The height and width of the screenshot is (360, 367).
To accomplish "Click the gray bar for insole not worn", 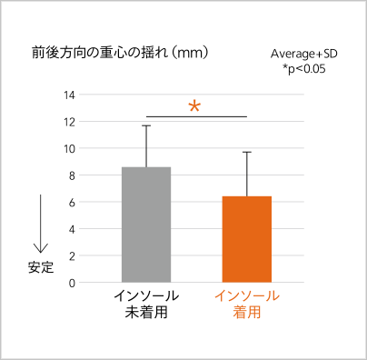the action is click(x=146, y=225).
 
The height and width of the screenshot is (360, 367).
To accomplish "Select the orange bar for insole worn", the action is click(x=247, y=239).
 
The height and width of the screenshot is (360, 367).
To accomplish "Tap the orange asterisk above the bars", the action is click(x=194, y=106).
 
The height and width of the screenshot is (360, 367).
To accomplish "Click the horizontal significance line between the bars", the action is click(x=197, y=116).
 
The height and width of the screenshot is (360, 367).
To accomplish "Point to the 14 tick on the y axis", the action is click(x=69, y=95).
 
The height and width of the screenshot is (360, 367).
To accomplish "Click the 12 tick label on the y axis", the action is click(x=69, y=122).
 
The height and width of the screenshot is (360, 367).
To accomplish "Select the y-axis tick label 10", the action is click(x=69, y=149).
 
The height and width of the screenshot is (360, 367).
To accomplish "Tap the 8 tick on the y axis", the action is click(x=72, y=175).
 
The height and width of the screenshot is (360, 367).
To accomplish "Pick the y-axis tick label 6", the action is click(x=72, y=203).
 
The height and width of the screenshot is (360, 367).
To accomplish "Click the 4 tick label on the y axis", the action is click(x=72, y=229).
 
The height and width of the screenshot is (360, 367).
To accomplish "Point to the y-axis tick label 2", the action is click(x=72, y=256).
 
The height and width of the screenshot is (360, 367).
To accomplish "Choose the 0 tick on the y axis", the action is click(x=72, y=283).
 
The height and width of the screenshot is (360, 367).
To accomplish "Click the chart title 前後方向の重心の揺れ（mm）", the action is click(x=120, y=53).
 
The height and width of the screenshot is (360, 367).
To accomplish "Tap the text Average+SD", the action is click(x=304, y=54).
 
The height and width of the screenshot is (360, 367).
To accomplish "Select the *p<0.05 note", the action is click(x=304, y=69).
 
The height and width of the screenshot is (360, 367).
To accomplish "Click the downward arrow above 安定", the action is click(x=41, y=224).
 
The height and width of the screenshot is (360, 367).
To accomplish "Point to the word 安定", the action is click(x=41, y=267).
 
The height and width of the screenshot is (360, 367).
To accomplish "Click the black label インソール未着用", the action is click(x=146, y=304).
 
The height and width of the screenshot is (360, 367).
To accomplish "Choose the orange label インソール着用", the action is click(x=247, y=304).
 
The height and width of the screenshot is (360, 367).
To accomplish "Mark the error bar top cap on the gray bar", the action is click(x=146, y=125).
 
